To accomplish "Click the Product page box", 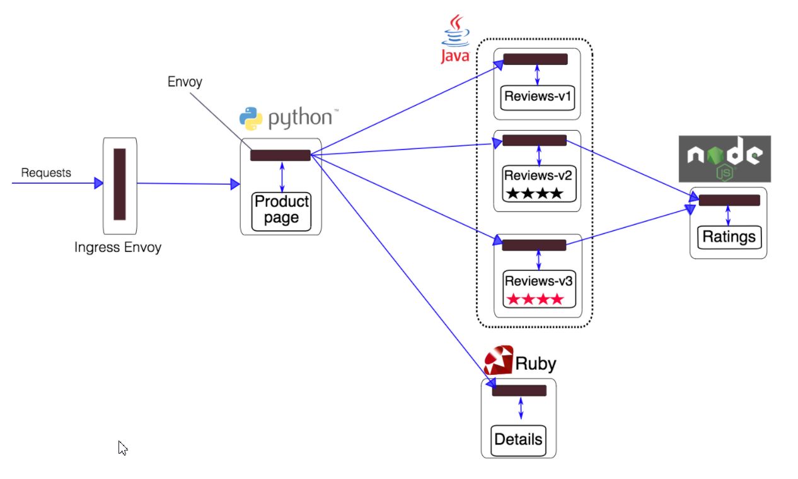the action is click(281, 212).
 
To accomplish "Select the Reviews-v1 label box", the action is click(538, 97).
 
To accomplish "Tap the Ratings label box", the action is click(729, 237).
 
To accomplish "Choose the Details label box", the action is click(518, 441).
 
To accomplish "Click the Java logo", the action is click(455, 39).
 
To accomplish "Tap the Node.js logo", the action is click(725, 158).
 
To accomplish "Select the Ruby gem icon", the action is click(499, 360).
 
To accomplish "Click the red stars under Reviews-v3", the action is click(535, 299).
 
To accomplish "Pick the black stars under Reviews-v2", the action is click(535, 194).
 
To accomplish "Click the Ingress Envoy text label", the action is click(118, 247).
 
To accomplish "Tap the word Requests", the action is click(46, 173).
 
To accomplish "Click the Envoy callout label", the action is click(185, 82).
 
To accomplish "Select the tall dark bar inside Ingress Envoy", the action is click(120, 184).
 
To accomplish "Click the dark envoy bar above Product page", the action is click(280, 155).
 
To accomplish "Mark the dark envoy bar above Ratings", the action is click(729, 200).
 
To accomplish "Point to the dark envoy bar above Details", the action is click(519, 391).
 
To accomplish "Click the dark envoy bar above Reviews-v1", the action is click(535, 59).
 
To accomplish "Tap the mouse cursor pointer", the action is click(122, 448).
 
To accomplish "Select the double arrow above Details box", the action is click(521, 408).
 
